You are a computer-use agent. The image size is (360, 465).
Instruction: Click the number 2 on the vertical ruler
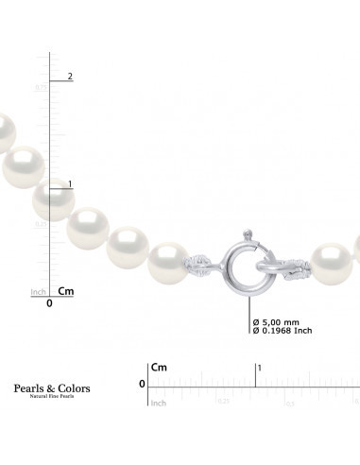point(70,76)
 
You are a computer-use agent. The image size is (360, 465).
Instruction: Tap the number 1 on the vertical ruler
point(70,184)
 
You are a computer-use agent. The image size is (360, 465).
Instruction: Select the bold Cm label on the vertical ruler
point(66,291)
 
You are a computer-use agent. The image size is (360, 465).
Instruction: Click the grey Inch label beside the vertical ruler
point(39,292)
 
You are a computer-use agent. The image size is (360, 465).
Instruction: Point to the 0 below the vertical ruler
point(49,304)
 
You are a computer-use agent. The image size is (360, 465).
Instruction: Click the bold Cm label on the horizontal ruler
point(158,367)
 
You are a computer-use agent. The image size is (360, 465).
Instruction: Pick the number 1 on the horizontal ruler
point(260,367)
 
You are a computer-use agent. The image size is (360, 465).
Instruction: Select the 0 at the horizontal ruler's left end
point(141,384)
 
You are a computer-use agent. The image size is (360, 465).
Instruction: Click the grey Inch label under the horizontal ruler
point(159,403)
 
